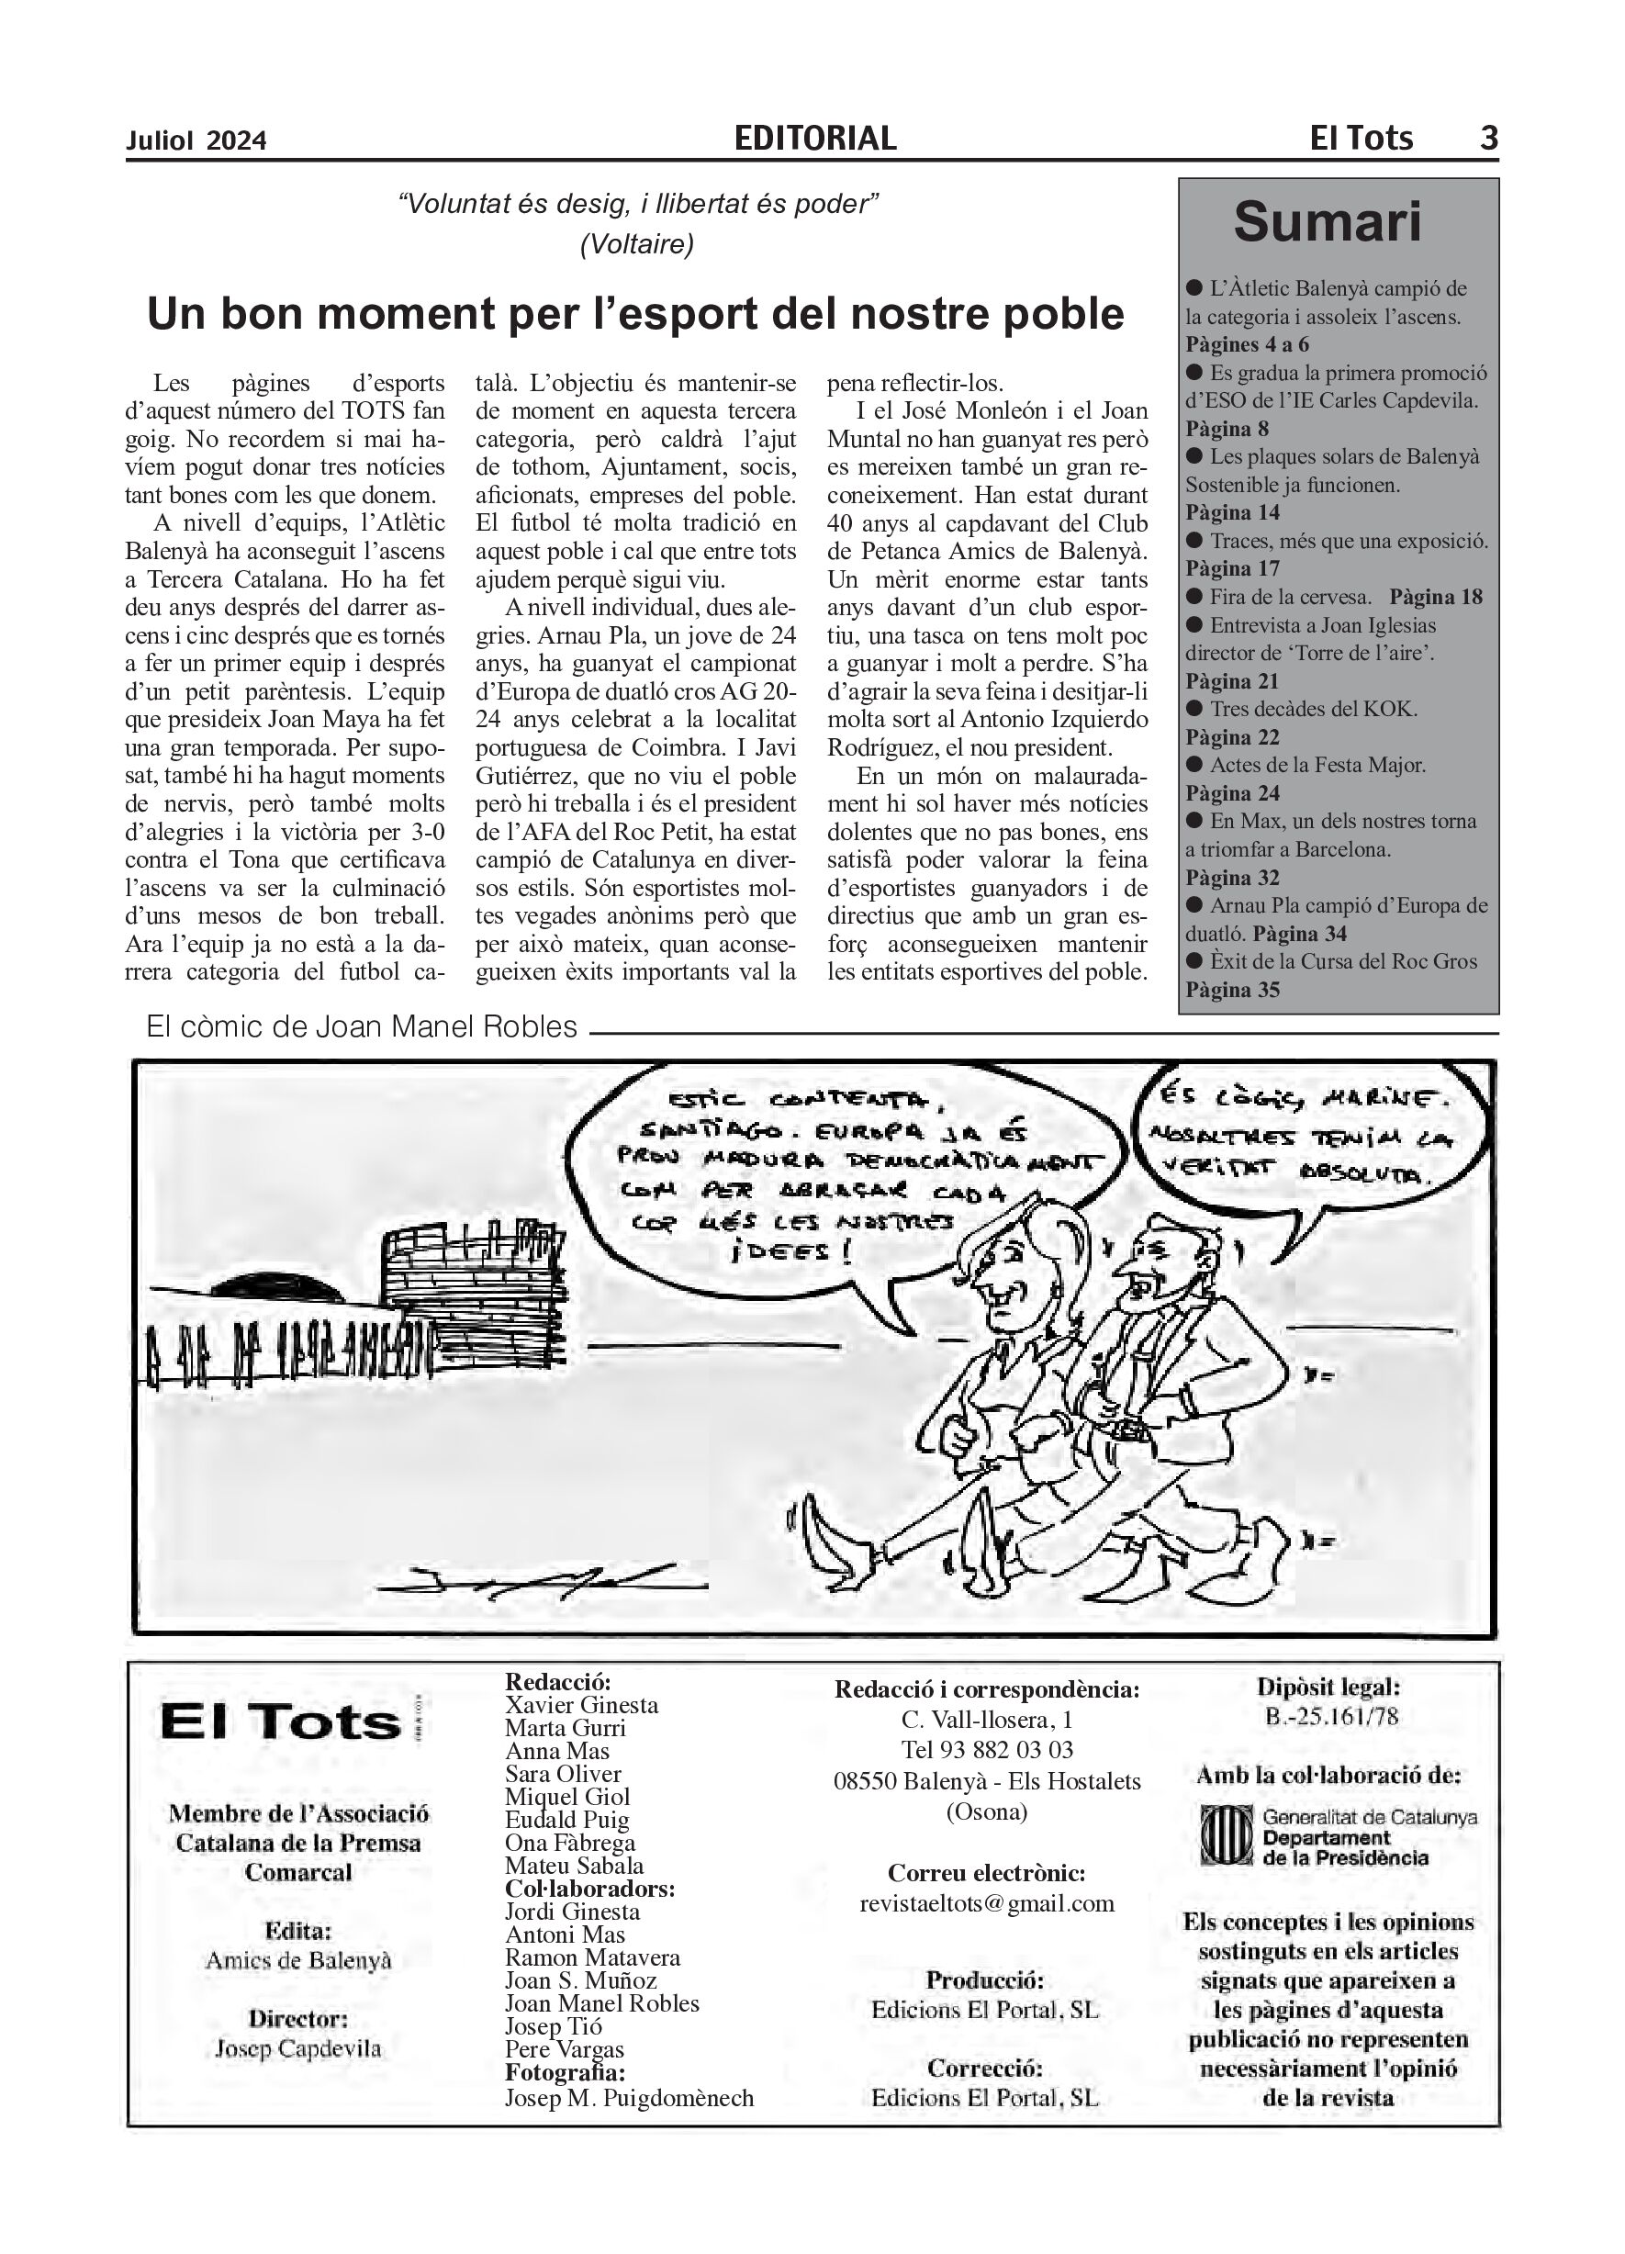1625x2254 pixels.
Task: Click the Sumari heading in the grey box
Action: (x=1327, y=221)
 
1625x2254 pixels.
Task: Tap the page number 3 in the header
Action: (x=1488, y=137)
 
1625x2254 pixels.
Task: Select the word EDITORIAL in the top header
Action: (x=815, y=138)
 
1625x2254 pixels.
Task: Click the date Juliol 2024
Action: (x=196, y=141)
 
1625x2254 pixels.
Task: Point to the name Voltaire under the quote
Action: (x=637, y=243)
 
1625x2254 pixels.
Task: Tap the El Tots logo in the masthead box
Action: (x=281, y=1722)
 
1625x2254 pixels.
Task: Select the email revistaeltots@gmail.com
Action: (x=986, y=1903)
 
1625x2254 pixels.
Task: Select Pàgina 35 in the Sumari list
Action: (x=1232, y=990)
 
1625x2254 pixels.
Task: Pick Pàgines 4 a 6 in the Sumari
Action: (x=1248, y=345)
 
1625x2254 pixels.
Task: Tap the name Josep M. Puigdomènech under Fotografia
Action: (x=629, y=2098)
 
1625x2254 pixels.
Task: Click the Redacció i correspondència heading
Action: (x=986, y=1689)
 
